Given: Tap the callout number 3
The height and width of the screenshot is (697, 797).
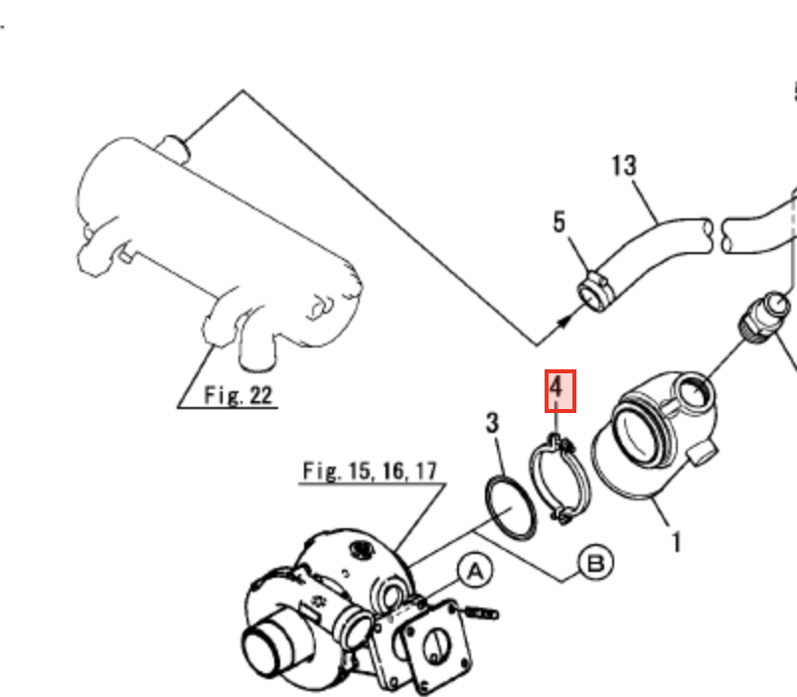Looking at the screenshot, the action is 492,423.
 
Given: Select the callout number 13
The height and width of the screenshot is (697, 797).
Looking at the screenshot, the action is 624,166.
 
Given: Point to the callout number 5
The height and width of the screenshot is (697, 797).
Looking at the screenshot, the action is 559,222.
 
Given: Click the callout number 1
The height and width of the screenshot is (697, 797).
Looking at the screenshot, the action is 676,542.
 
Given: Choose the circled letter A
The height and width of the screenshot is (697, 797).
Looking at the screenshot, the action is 475,571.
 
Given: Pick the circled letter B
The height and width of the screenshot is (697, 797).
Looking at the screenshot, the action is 595,563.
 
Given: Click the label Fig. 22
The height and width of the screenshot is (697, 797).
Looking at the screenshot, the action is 239,395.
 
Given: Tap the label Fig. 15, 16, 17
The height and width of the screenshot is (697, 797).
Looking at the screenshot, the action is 370,471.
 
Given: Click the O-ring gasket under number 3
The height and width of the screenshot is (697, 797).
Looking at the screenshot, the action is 511,506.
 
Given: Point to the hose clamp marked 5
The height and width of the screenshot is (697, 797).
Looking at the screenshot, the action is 595,292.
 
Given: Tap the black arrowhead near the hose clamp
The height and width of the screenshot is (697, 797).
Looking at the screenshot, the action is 564,322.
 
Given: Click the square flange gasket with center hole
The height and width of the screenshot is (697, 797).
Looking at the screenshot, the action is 436,642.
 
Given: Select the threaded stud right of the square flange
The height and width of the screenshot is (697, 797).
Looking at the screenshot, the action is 481,614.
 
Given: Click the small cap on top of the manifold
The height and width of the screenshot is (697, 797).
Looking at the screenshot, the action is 173,149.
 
